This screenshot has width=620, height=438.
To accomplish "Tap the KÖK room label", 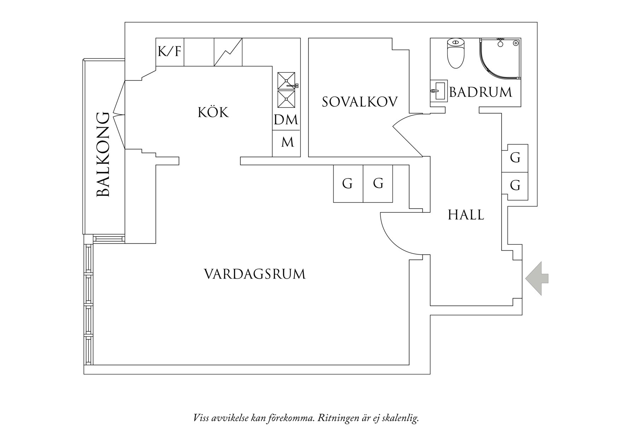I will click(213, 112).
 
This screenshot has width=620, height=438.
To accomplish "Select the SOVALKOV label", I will click(359, 102).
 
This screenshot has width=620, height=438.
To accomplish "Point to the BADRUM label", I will click(480, 93).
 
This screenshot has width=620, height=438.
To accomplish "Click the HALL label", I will click(466, 215).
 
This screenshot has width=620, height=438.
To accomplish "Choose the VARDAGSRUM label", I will click(255, 274).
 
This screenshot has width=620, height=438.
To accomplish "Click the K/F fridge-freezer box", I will click(170, 52).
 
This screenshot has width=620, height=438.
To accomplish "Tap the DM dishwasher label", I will click(286, 120).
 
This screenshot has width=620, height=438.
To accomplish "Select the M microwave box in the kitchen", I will click(287, 142).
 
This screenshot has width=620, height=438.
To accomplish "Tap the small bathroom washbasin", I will click(438, 91).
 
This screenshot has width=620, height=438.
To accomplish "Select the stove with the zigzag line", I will click(228, 52).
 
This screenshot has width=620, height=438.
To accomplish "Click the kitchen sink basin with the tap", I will click(286, 81).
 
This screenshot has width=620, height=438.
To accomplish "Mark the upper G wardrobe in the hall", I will click(515, 158).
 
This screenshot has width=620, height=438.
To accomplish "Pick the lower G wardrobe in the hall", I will click(515, 185).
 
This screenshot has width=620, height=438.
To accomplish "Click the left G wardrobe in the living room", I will click(348, 184).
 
